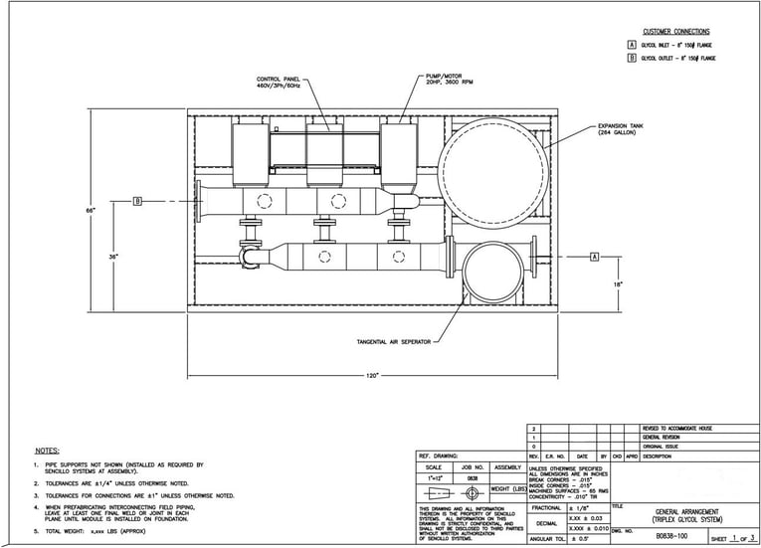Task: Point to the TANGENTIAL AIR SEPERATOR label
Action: (394, 342)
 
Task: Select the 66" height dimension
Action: (90, 210)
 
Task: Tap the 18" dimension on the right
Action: (618, 283)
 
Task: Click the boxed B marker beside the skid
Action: (138, 202)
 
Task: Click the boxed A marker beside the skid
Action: (594, 257)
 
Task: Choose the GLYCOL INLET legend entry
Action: (676, 46)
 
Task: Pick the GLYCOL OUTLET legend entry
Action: (678, 59)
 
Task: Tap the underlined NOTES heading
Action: (47, 451)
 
